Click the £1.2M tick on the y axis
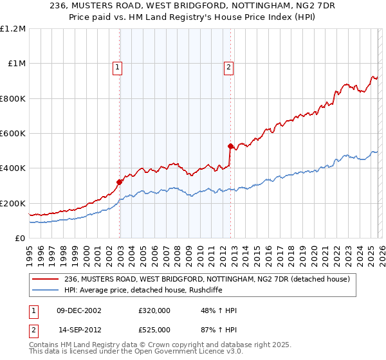click(x=14, y=29)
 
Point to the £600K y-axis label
click(x=13, y=134)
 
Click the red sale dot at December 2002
click(x=120, y=183)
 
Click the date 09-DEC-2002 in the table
click(x=79, y=311)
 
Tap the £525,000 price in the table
click(x=154, y=328)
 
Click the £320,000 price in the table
click(x=154, y=311)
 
